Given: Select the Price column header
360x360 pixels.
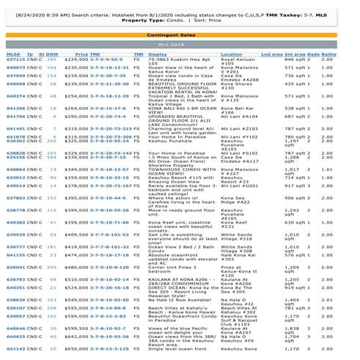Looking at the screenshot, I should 81,54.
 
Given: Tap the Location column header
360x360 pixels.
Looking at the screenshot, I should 231,54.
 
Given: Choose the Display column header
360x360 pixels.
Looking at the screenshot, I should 157,54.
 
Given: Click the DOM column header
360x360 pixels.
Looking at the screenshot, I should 53,54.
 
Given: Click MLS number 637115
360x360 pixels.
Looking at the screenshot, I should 15,59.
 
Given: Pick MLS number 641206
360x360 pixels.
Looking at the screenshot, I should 15,108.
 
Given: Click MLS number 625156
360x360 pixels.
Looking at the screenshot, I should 15,157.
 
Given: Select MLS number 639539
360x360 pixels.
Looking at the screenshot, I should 15,235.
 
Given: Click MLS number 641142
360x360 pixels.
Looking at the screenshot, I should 15,349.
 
